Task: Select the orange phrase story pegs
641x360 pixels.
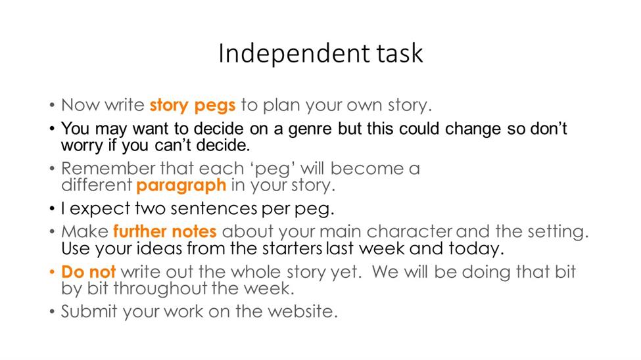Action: click(x=192, y=105)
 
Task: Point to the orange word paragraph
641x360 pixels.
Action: click(x=181, y=185)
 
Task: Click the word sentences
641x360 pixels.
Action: click(x=214, y=208)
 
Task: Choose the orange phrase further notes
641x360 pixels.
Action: click(x=165, y=231)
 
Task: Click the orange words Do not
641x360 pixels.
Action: click(x=88, y=272)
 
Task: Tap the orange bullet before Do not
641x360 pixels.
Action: click(x=52, y=272)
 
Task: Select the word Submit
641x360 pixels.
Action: click(x=89, y=311)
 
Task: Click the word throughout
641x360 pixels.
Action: click(x=160, y=288)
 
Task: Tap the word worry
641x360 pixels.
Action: click(x=82, y=145)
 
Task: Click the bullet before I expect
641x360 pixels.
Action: click(x=52, y=209)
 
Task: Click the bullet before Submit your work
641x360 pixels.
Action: click(x=52, y=312)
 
